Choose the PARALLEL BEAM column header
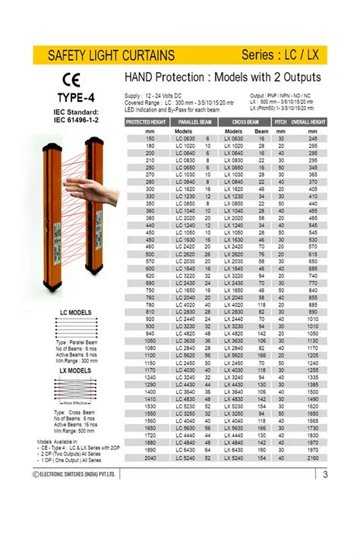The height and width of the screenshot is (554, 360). click(195, 121)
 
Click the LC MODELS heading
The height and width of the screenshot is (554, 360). click(76, 313)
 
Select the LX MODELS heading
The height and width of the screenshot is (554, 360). click(76, 370)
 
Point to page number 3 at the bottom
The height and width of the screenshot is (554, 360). click(324, 475)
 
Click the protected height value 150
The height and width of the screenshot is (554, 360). click(150, 138)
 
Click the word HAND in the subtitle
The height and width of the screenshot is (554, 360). click(142, 77)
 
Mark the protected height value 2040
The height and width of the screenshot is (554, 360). click(150, 459)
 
